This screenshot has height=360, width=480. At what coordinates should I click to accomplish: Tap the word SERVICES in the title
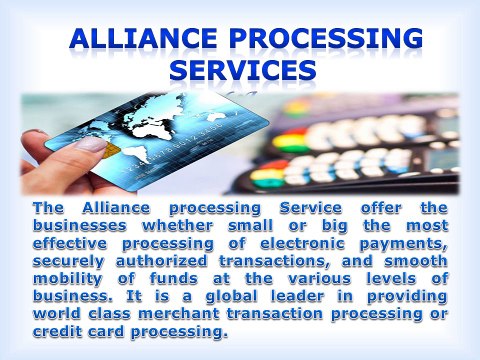[243, 71]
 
